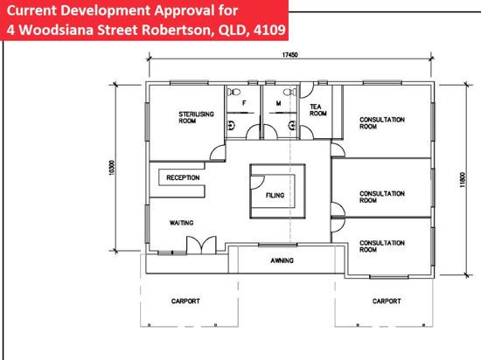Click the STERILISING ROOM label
point(196,117)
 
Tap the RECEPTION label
point(183,177)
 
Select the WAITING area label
point(181,223)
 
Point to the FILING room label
point(275,195)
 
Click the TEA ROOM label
point(317,110)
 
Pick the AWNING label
point(282,260)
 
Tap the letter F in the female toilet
point(244,103)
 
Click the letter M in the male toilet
point(278,103)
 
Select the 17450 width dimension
point(289,55)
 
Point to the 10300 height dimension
point(112,168)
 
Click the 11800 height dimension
point(463,180)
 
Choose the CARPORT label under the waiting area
point(185,301)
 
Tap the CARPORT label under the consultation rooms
point(387,301)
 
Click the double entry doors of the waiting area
point(201,246)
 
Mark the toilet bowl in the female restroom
point(234,91)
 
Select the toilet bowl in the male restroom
point(289,92)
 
